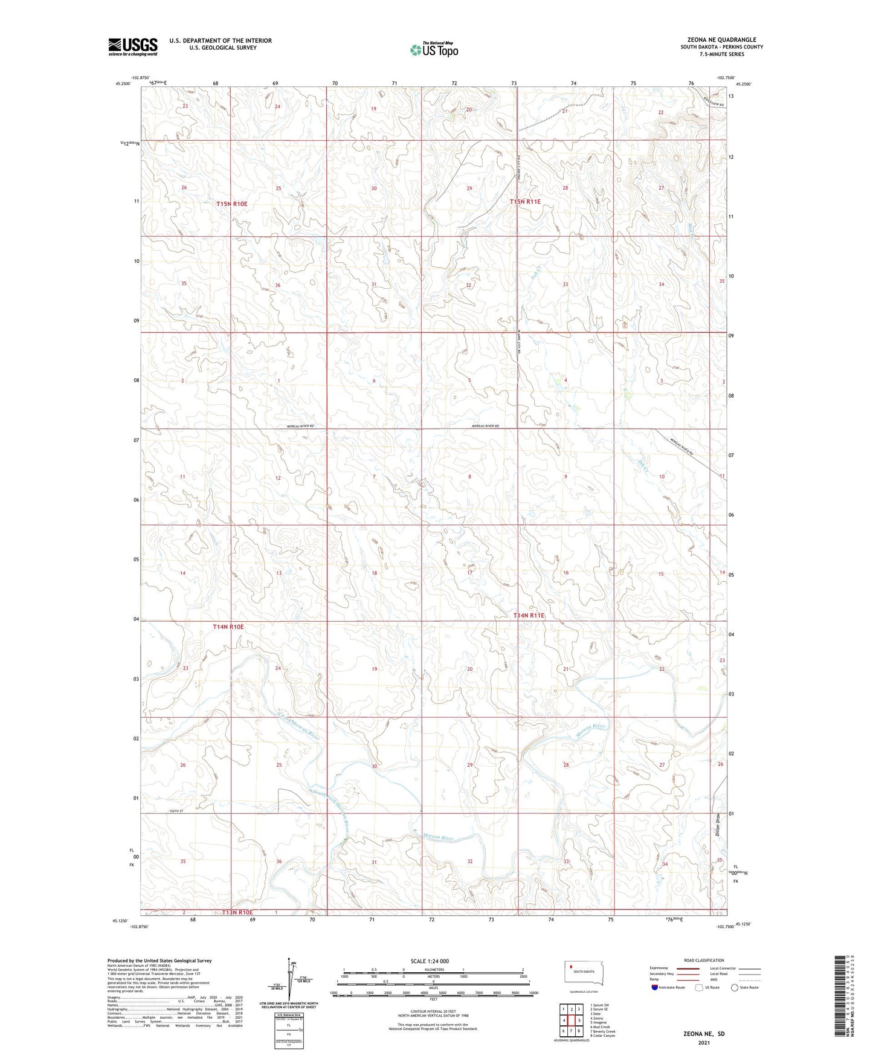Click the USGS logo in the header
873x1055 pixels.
pos(133,47)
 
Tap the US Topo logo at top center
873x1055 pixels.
pos(434,50)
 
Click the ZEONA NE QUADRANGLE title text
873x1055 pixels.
pos(721,40)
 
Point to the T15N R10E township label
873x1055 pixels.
pos(232,204)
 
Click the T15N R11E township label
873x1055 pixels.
pos(524,202)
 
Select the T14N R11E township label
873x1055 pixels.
pos(529,616)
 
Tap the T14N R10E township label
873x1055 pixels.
pos(228,627)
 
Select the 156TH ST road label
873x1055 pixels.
pos(156,811)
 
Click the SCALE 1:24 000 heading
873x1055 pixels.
pos(430,961)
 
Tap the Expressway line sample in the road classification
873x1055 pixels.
pos(688,968)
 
